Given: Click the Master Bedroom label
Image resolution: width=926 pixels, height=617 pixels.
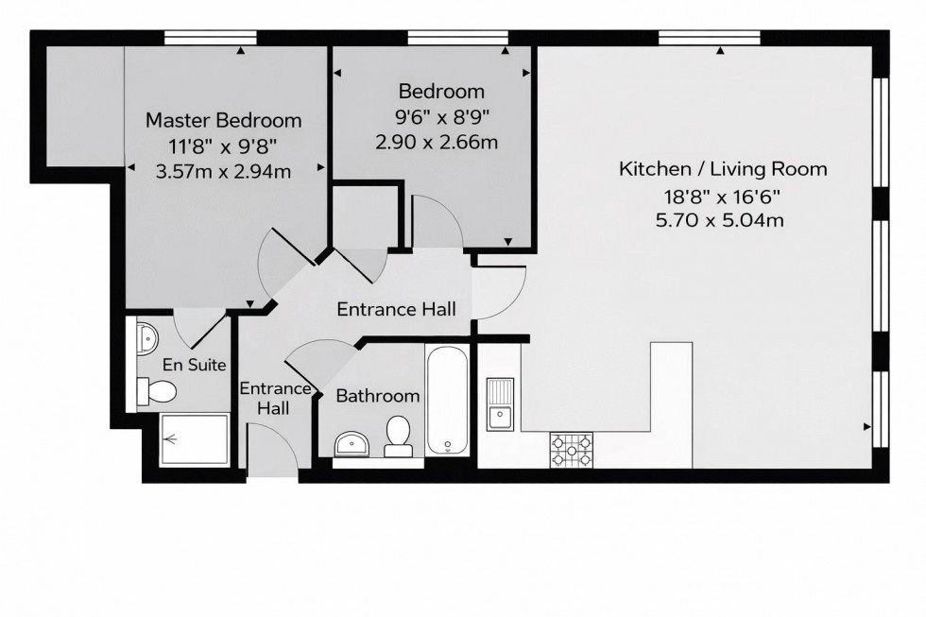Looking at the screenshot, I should pyautogui.click(x=223, y=120).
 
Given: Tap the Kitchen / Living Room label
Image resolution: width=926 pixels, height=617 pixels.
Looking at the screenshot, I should pyautogui.click(x=723, y=169).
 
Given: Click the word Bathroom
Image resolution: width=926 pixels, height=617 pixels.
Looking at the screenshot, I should pyautogui.click(x=377, y=396).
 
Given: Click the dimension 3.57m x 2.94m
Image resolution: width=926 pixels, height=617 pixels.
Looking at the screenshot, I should pyautogui.click(x=223, y=171).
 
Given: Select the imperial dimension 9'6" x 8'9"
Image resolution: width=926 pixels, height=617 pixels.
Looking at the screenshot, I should pyautogui.click(x=437, y=117).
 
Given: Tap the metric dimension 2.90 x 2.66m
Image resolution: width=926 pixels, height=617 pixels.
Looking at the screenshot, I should pyautogui.click(x=437, y=143).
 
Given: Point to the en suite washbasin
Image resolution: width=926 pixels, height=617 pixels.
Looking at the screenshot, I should pyautogui.click(x=147, y=335).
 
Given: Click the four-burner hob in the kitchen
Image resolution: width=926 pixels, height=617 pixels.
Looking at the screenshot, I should pyautogui.click(x=572, y=450).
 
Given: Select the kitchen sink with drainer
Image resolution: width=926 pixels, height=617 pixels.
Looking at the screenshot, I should pyautogui.click(x=500, y=403).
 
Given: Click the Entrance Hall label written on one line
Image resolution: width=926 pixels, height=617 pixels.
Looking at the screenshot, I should pyautogui.click(x=397, y=309).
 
